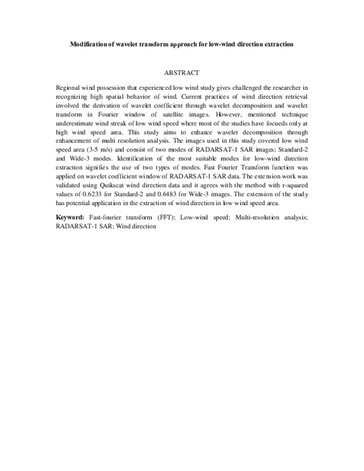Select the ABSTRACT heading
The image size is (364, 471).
pos(182,72)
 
